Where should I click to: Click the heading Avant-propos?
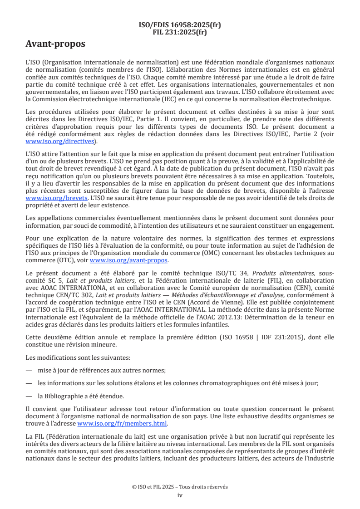coord(55,44)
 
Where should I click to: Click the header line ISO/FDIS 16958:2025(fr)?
coord(180,25)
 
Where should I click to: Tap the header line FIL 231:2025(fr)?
coord(180,32)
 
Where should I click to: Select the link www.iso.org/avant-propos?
coord(128,260)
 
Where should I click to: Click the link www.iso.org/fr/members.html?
coord(122,424)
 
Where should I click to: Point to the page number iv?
coord(180,495)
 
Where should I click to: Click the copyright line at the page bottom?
coord(180,487)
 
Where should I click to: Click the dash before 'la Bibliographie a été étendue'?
coord(29,396)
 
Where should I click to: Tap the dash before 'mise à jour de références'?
coord(29,370)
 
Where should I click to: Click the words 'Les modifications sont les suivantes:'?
coord(68,357)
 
